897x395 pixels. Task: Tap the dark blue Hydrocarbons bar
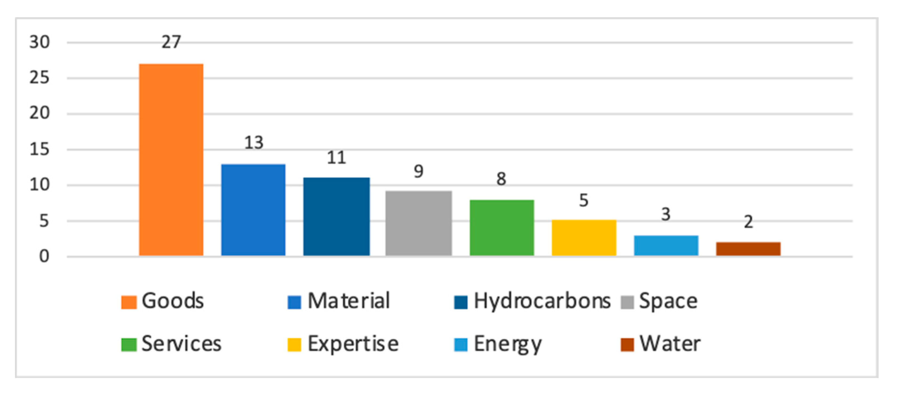[337, 217]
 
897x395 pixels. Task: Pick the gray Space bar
[419, 223]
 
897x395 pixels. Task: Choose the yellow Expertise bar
[584, 238]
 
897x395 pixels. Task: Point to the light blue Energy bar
[666, 246]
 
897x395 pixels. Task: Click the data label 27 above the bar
[171, 42]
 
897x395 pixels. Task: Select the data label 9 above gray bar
[419, 171]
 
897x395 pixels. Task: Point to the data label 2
[748, 222]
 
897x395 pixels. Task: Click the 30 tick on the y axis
[39, 42]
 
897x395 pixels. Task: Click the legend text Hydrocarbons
[542, 301]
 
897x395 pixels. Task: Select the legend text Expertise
[353, 344]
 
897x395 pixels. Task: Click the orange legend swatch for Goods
[129, 302]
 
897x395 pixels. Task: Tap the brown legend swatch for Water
[627, 345]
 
